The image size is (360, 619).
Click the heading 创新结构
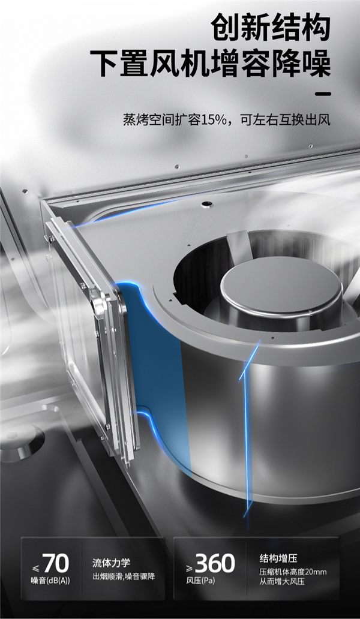271,27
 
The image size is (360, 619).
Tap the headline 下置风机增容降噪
210,63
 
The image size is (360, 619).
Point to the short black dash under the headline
323,94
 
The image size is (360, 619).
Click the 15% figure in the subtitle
215,120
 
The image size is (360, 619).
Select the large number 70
56,563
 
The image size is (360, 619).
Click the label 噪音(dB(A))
50,581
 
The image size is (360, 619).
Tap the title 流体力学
111,563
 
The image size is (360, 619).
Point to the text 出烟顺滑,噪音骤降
124,576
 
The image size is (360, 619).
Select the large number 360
215,563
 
